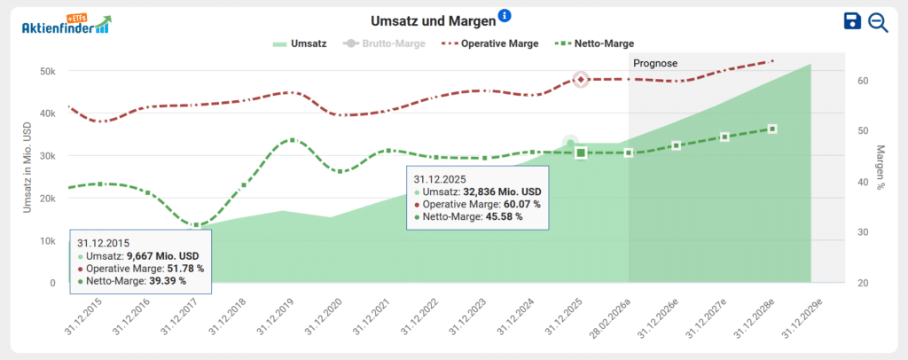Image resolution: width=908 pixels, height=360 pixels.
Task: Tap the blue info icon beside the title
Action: [x=505, y=15]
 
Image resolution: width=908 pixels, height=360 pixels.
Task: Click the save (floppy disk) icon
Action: [x=853, y=22]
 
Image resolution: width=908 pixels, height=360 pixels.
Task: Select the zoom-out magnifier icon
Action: [x=878, y=22]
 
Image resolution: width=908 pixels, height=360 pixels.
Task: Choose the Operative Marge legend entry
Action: [x=490, y=43]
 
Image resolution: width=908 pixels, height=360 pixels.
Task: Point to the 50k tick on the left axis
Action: [x=47, y=71]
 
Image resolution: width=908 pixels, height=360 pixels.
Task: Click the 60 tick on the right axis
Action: [x=857, y=81]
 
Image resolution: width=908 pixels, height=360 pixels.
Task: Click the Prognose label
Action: [x=655, y=64]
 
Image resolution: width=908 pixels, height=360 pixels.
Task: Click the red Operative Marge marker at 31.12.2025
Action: [x=581, y=80]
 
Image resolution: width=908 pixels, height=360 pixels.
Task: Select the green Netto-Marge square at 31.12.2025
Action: [x=581, y=153]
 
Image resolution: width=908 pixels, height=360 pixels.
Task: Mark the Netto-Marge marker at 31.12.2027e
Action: [x=724, y=137]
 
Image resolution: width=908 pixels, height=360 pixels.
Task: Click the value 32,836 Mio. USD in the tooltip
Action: [x=502, y=192]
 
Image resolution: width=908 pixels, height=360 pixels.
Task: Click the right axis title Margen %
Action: [x=880, y=168]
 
